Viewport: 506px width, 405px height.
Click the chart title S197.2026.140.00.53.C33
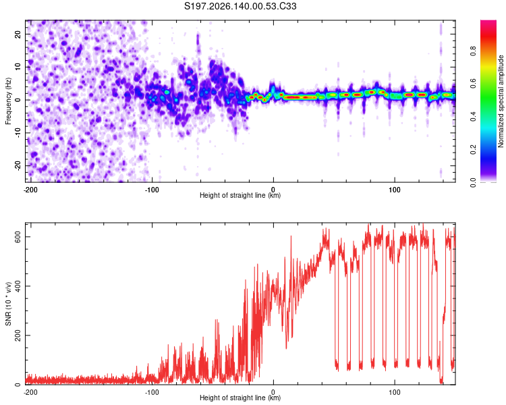(240, 6)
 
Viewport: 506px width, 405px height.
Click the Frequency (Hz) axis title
(8, 101)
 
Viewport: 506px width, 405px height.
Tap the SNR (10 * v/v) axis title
(8, 304)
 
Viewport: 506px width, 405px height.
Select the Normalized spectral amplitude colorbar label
(501, 101)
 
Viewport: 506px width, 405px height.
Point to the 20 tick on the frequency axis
(18, 34)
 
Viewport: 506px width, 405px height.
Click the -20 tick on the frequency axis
(18, 165)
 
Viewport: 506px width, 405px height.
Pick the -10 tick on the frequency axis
(18, 133)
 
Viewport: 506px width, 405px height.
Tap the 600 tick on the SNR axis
(18, 237)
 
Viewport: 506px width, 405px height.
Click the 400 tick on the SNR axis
(18, 286)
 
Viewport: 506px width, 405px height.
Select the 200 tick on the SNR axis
(18, 335)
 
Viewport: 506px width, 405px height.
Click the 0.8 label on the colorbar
(473, 51)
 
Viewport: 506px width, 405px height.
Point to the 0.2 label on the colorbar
(473, 150)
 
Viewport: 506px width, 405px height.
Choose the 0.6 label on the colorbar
(473, 84)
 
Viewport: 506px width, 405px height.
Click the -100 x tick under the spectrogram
(152, 190)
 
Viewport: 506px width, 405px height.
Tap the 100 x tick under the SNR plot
(395, 392)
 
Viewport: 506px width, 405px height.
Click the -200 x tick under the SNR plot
(30, 392)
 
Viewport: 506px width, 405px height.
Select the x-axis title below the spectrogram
(240, 195)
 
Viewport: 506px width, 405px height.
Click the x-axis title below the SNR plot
(240, 398)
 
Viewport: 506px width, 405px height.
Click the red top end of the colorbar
(488, 22)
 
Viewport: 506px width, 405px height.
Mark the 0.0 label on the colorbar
(473, 182)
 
